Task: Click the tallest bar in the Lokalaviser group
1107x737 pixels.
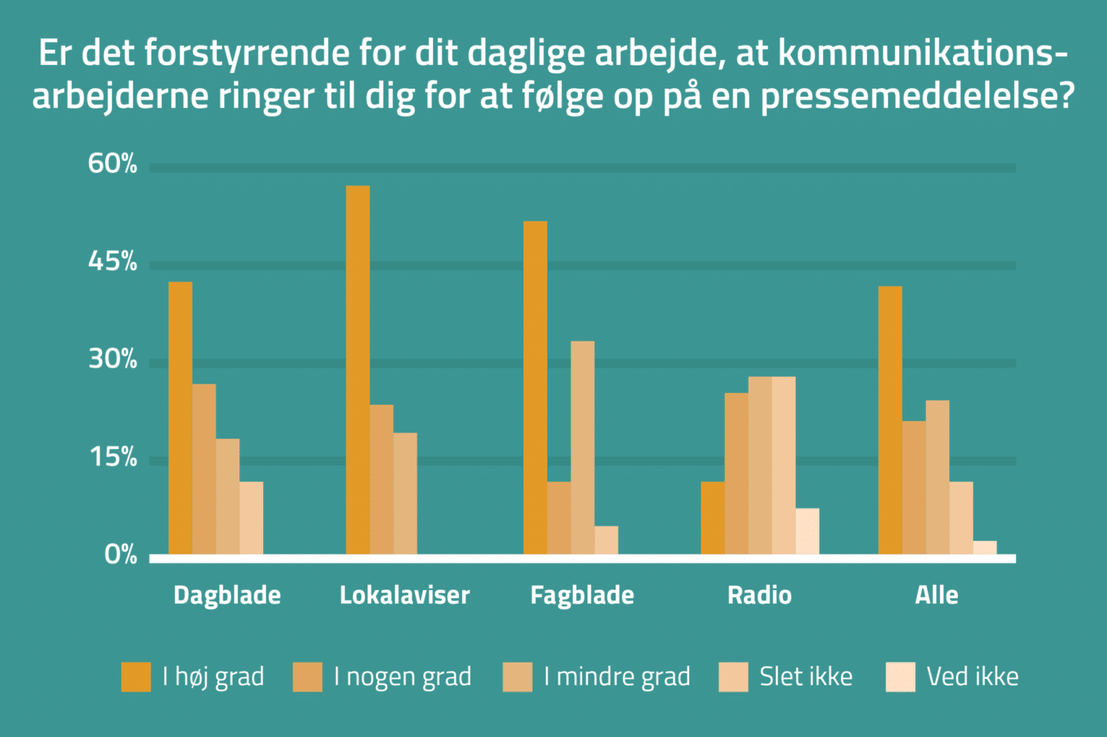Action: coord(357,370)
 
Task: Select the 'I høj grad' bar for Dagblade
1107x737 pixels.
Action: coord(180,418)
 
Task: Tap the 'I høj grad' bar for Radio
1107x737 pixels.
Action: coord(713,518)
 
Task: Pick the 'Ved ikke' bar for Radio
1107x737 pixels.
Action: coord(807,531)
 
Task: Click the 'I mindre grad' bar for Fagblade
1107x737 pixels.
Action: coord(582,447)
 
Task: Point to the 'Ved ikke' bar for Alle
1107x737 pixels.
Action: coord(985,548)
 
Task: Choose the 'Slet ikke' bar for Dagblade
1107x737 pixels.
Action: coord(252,518)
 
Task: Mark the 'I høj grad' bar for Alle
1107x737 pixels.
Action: coord(890,420)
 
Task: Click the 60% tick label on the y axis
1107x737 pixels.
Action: coord(112,164)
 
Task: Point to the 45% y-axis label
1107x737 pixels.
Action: coord(112,261)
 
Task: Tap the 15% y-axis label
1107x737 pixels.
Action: coord(113,457)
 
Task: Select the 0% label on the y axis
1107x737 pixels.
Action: coord(120,555)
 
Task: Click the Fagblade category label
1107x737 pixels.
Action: coord(582,595)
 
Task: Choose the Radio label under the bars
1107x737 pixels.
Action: coord(760,595)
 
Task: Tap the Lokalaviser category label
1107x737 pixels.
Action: coord(405,595)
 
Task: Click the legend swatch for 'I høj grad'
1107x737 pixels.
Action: coord(136,676)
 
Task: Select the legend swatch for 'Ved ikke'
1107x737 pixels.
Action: coord(900,676)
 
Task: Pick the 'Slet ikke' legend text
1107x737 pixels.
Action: coord(806,676)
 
